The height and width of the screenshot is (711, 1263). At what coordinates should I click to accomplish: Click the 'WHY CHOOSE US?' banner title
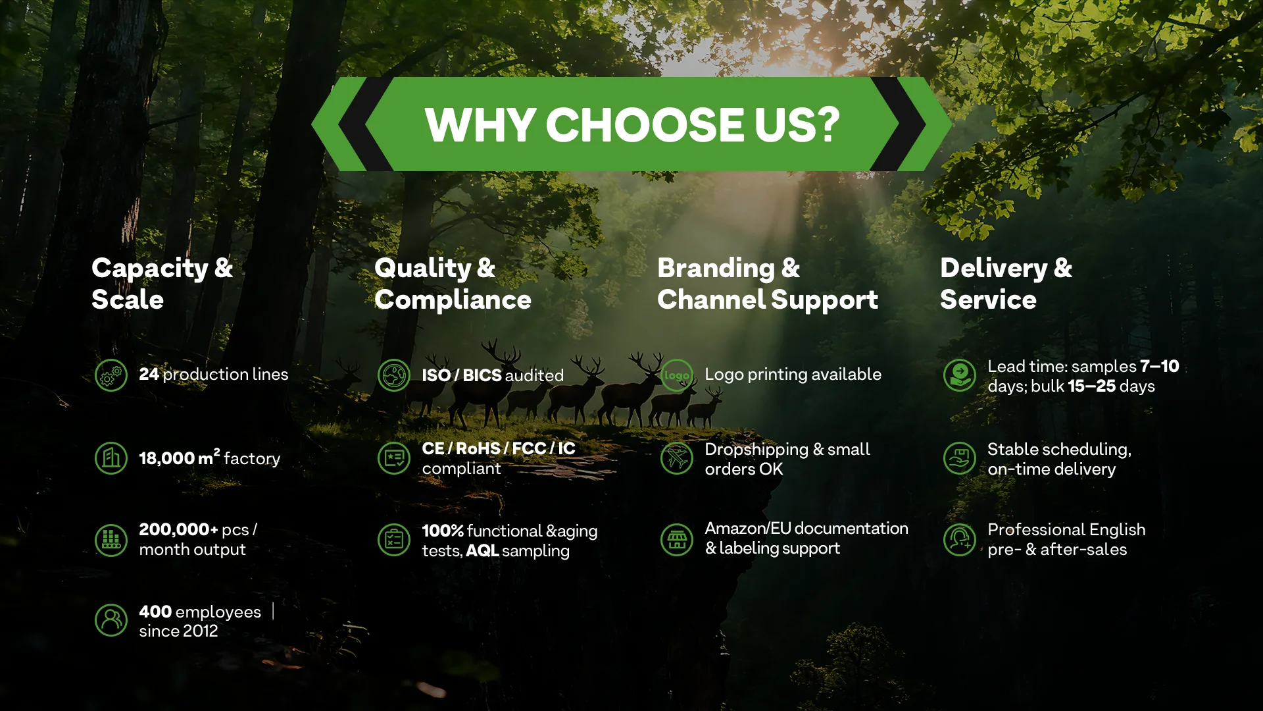pos(632,124)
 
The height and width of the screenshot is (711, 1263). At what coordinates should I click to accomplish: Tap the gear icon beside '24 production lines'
pos(111,375)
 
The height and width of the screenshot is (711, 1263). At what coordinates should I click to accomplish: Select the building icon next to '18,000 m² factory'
pos(111,458)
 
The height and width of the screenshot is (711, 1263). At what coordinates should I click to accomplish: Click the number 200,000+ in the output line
pos(178,529)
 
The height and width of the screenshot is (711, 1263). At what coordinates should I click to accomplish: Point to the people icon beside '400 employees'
pos(111,620)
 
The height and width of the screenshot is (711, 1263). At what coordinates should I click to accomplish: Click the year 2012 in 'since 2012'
pos(201,631)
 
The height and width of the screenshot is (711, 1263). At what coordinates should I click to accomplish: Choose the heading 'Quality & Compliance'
pos(453,284)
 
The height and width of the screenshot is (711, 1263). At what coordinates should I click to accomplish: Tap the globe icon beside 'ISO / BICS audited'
pos(394,375)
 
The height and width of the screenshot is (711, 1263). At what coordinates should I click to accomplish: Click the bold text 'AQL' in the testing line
pos(482,550)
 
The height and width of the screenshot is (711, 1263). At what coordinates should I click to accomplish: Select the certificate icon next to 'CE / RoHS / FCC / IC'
pos(394,458)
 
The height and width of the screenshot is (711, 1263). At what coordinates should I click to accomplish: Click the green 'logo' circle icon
pos(677,375)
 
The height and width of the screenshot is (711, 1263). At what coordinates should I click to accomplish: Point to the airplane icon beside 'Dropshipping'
pos(677,458)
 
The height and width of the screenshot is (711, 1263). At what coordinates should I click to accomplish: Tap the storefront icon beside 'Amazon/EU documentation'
pos(677,540)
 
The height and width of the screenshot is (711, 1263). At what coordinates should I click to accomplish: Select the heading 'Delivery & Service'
pos(1006,284)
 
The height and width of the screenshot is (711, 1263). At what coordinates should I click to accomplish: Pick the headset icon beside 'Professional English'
pos(960,540)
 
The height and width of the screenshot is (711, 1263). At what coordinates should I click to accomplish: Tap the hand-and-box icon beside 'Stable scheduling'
pos(960,458)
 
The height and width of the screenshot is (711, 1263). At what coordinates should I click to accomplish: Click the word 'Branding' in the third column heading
pos(716,269)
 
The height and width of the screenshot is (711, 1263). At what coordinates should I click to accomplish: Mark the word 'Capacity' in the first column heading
pos(150,269)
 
